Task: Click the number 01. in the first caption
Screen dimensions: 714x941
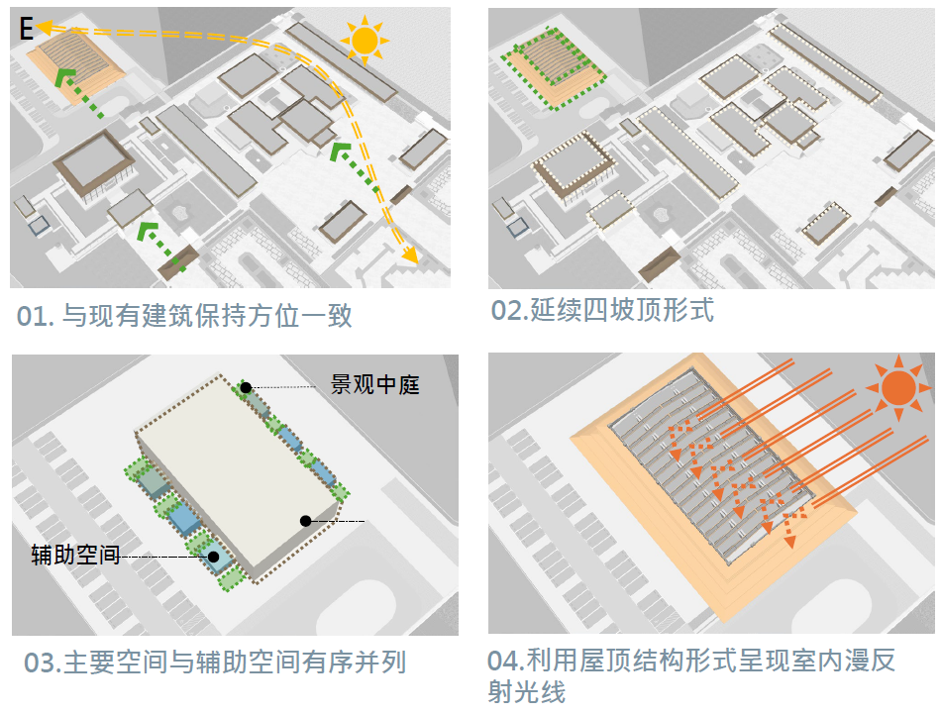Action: [x=36, y=317]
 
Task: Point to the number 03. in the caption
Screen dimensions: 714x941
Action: [x=44, y=663]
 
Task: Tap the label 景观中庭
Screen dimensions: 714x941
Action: [x=374, y=384]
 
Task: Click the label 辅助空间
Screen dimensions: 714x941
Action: [x=75, y=556]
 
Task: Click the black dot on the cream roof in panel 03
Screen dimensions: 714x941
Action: [x=306, y=520]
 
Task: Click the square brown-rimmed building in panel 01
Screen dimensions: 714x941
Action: [x=95, y=163]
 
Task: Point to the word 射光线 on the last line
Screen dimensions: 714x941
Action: [x=526, y=692]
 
